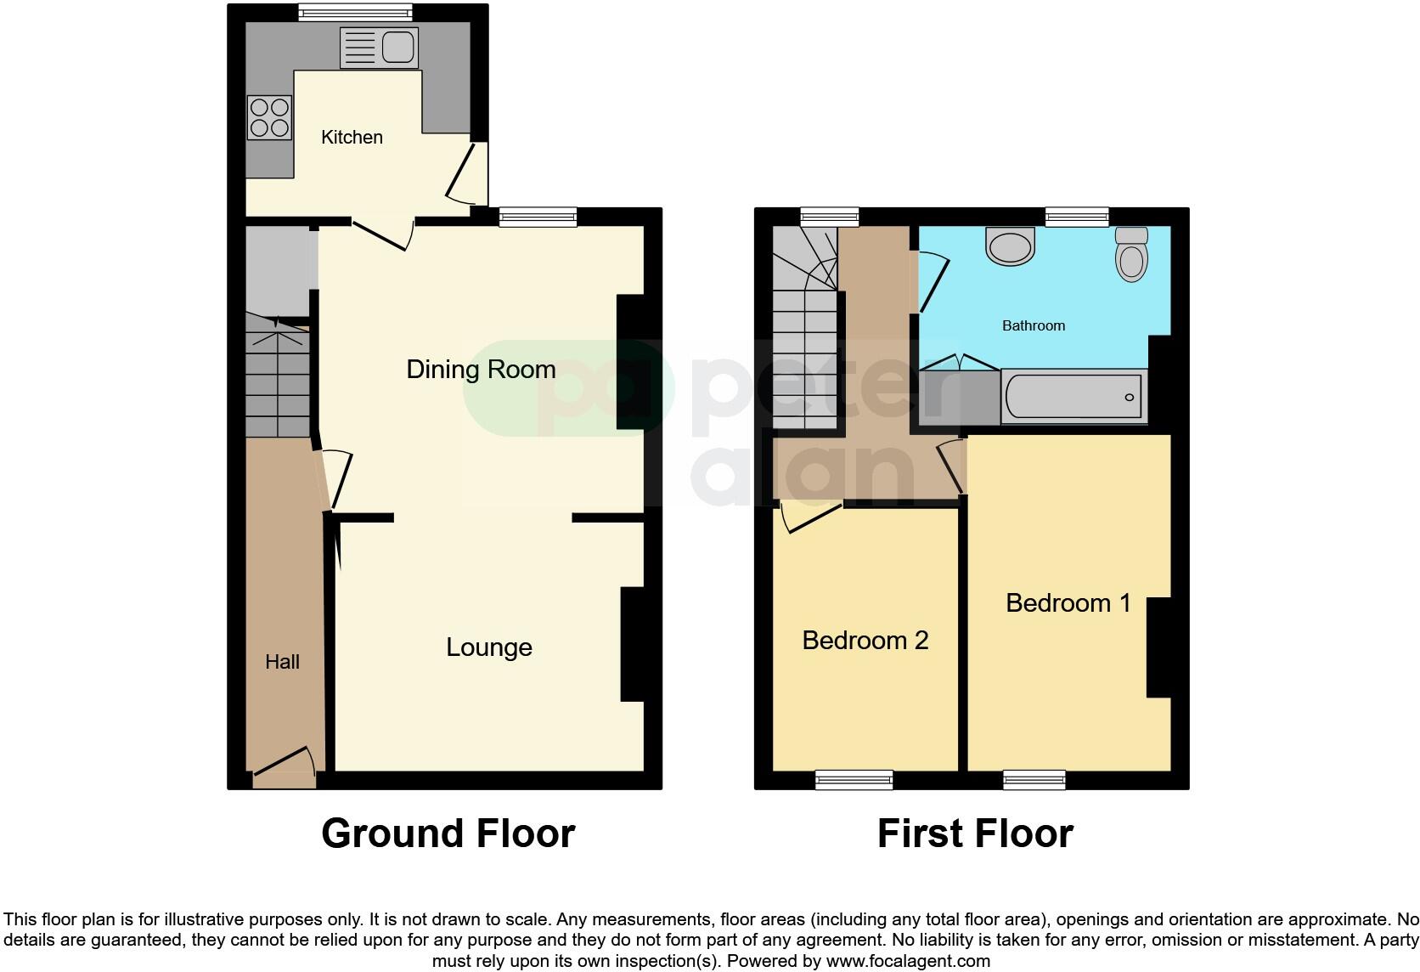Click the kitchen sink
pos(380,48)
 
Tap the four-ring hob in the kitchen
pos(269,117)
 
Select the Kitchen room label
pos(352,137)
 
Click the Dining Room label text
pos(481,369)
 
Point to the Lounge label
pos(489,647)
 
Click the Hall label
pos(282,662)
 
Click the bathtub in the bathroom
pos(1073,396)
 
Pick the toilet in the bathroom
pos(1131,253)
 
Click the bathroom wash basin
pos(1011,246)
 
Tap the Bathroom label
pos(1033,325)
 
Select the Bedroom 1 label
pos(1068,603)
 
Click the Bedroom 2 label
pos(865,641)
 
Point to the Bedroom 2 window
pos(854,779)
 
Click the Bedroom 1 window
pos(1034,779)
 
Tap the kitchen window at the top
pos(355,12)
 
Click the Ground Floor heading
pos(448,834)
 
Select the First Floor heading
pos(975,834)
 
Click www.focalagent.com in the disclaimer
pos(908,962)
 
